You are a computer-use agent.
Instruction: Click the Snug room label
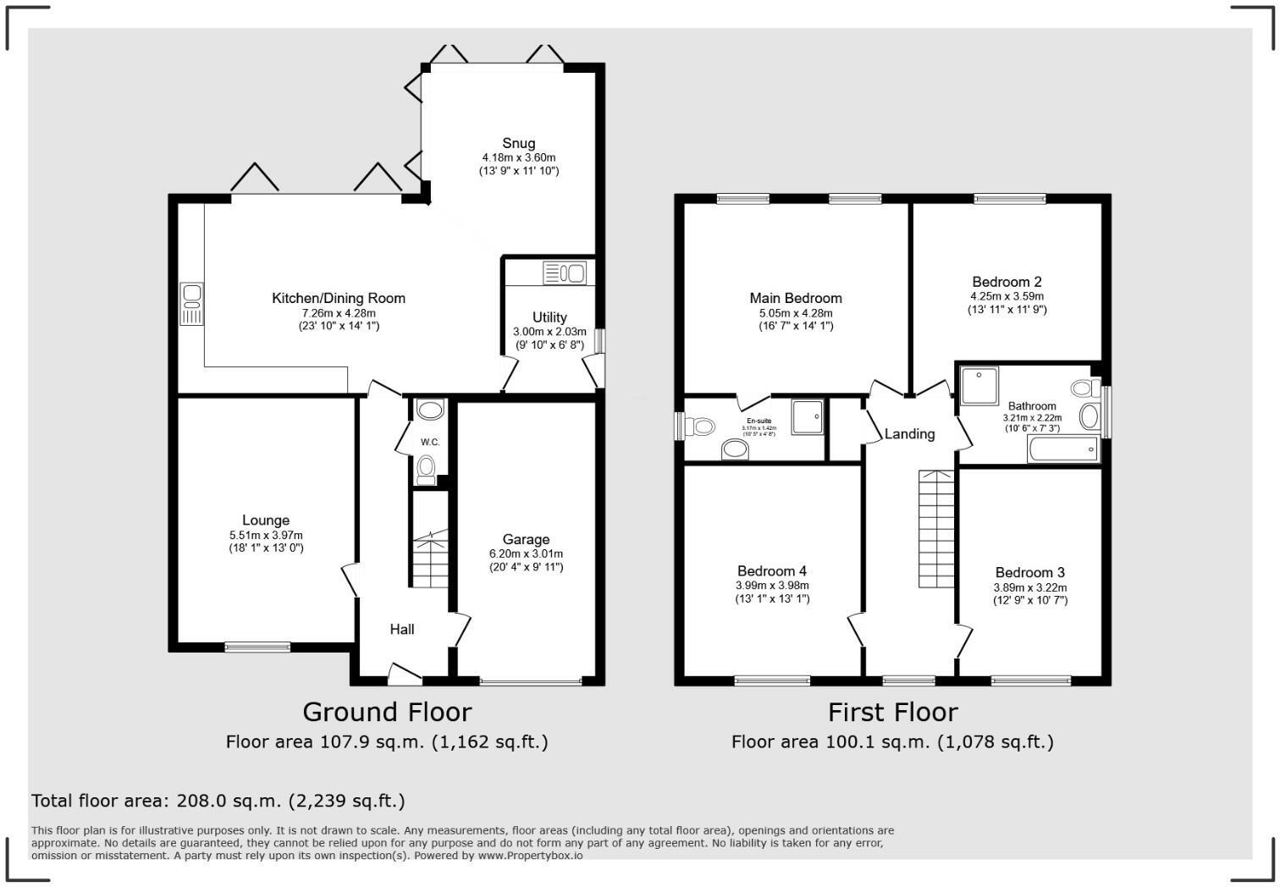click(x=518, y=143)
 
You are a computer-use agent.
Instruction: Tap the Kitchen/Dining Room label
click(x=338, y=298)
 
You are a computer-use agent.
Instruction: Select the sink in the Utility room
click(x=565, y=273)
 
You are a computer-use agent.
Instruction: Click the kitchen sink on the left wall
click(x=192, y=304)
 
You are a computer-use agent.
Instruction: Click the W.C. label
click(x=430, y=443)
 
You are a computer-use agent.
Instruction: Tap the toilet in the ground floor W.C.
click(x=427, y=468)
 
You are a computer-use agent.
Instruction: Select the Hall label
click(x=402, y=629)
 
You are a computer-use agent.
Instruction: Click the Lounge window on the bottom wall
click(x=257, y=647)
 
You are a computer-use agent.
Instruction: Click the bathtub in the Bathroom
click(x=1063, y=449)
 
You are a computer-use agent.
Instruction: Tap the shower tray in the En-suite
click(x=807, y=416)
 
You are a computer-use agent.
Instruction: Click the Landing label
click(x=909, y=434)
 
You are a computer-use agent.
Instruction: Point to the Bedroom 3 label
click(x=1029, y=573)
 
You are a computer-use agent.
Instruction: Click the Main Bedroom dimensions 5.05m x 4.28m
click(x=796, y=313)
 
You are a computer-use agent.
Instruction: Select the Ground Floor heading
click(x=387, y=712)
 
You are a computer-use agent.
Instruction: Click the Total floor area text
click(x=218, y=801)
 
